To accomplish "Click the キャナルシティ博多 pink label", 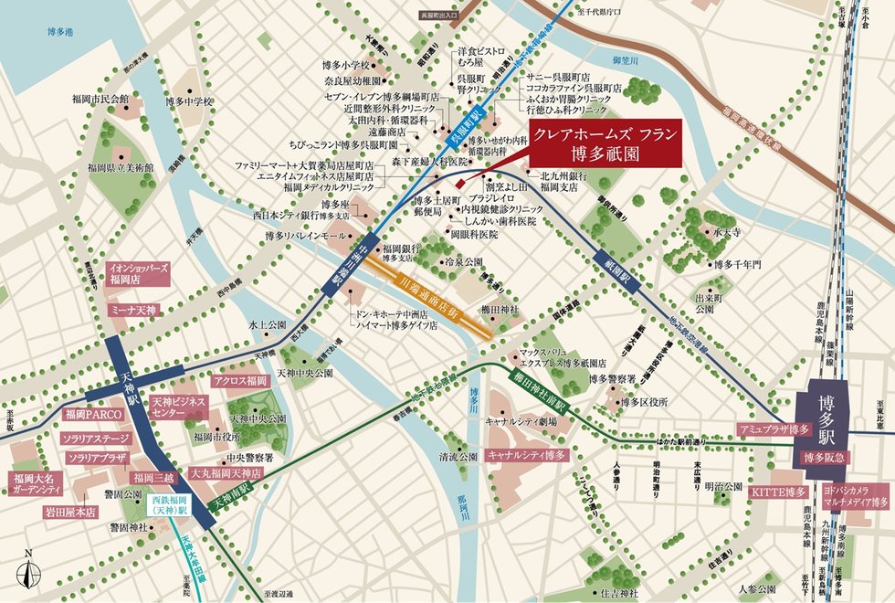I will coord(527,454).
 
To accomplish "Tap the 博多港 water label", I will coord(64,31).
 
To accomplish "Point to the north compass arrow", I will coord(30,572).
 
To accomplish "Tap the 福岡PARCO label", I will coord(88,414).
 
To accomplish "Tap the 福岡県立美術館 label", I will coord(121,167).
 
